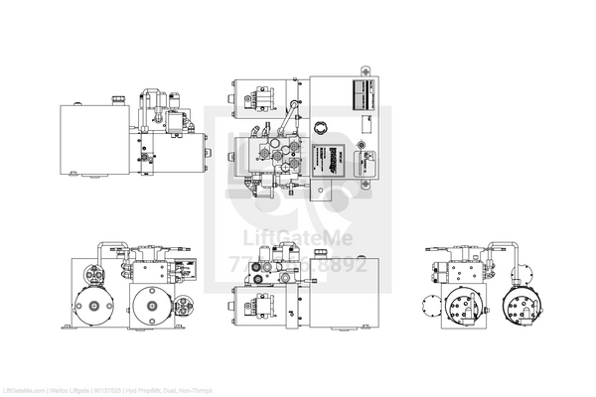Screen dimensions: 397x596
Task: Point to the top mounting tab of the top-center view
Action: (x=365, y=70)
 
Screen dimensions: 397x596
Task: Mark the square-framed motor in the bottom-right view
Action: (x=464, y=308)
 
